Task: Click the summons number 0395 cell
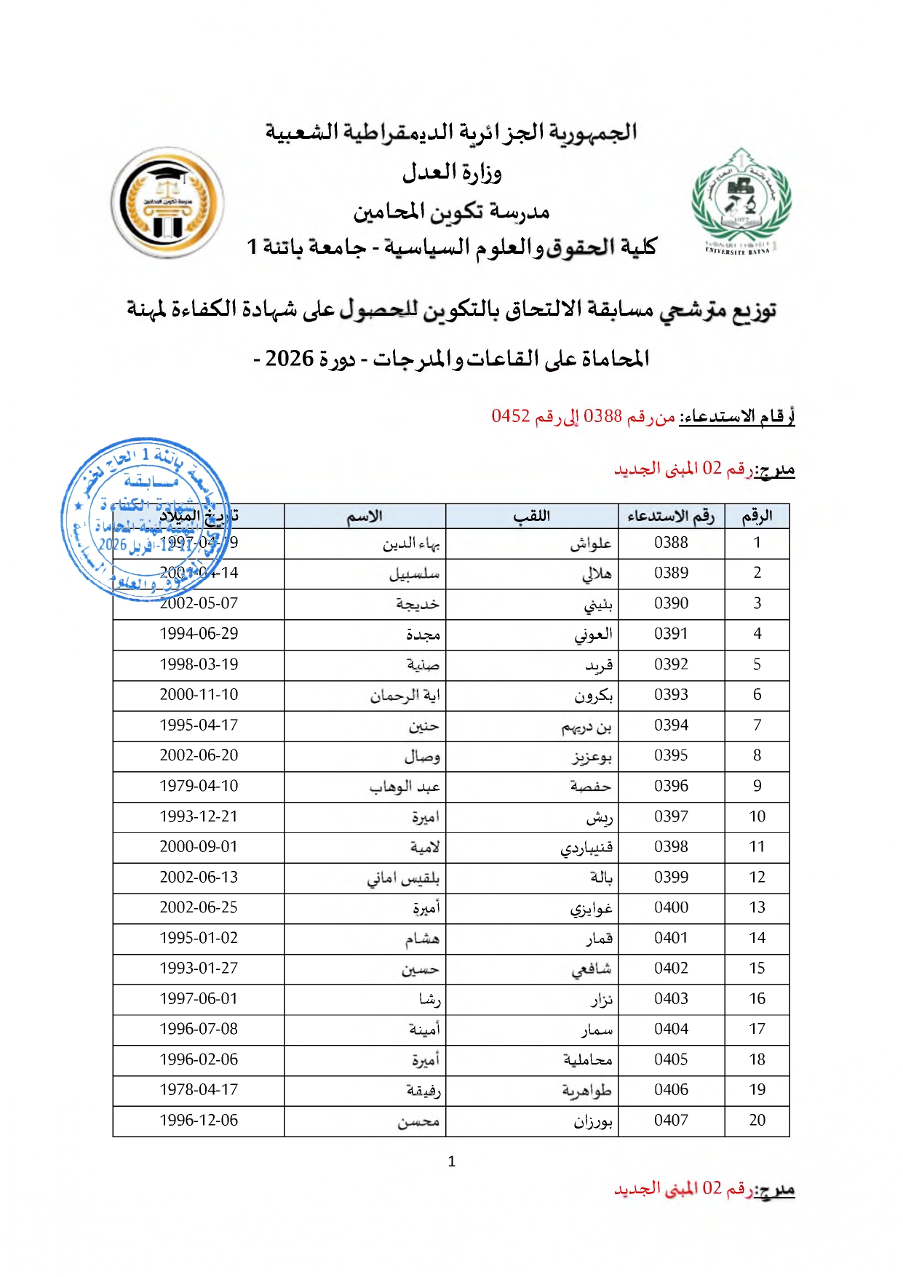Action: tap(671, 755)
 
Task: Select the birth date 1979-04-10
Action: tap(199, 786)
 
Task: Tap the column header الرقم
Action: tap(757, 516)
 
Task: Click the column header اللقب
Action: tap(532, 516)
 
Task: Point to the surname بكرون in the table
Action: tap(593, 696)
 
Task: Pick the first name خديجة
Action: tap(418, 604)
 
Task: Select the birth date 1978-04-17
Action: tap(199, 1089)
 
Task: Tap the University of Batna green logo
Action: tap(741, 202)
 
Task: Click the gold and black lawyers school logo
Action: tap(167, 202)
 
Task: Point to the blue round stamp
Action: tap(146, 518)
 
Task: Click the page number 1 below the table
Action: tap(452, 1161)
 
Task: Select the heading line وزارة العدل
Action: tap(452, 173)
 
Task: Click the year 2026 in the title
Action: tap(289, 358)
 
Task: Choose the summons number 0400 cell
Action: tap(671, 907)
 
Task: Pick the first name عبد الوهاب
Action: tap(405, 787)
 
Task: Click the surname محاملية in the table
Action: tap(587, 1059)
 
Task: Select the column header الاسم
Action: tap(365, 516)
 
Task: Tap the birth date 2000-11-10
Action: tap(199, 695)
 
